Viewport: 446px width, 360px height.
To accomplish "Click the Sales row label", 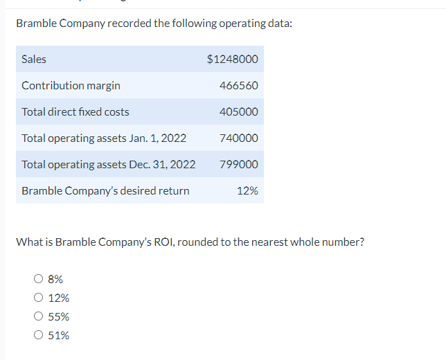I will click(34, 60).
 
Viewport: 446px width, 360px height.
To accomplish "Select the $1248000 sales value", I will click(233, 60).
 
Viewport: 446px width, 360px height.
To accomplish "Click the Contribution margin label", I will click(71, 86).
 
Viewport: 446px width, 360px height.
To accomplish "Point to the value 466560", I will click(238, 86).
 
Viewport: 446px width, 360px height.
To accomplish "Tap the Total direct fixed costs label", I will click(75, 112).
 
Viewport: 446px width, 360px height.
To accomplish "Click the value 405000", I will click(238, 112).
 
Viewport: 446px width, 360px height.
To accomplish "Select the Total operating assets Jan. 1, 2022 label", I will click(104, 138).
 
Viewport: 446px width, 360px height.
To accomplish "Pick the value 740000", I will click(238, 138).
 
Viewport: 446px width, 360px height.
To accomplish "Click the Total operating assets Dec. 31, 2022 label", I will click(108, 165).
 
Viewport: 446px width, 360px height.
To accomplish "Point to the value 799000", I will click(238, 165).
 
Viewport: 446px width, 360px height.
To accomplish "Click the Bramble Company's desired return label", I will click(105, 191).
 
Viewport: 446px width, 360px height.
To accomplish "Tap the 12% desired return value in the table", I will click(247, 191).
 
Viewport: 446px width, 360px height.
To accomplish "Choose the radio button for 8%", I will click(39, 280).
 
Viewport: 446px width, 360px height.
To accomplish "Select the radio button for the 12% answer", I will click(39, 298).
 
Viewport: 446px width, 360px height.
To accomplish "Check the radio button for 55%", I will click(39, 317).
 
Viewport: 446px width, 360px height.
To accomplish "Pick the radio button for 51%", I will click(39, 336).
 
